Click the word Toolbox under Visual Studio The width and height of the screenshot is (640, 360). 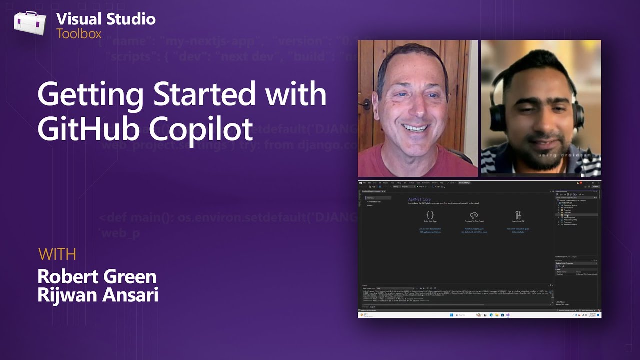79,34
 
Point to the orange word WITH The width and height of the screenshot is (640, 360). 57,254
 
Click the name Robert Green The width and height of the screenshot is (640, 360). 97,277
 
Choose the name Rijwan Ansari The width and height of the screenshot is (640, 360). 98,295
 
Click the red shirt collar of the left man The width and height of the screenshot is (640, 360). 395,154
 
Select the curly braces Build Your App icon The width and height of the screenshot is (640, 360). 430,215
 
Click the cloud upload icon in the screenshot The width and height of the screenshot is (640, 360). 474,215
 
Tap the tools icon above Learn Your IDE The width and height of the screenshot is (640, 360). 518,215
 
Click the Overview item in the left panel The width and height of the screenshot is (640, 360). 370,198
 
